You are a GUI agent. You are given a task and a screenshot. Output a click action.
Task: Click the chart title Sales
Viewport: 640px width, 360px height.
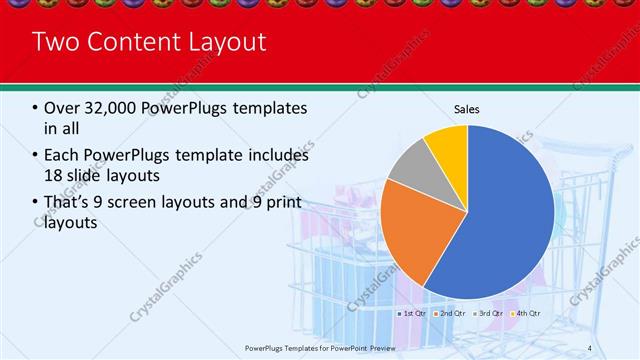click(x=466, y=108)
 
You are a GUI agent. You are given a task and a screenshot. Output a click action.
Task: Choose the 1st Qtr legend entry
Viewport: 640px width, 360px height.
click(x=413, y=313)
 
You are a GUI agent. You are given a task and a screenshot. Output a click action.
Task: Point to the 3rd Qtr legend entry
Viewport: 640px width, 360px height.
click(x=489, y=313)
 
